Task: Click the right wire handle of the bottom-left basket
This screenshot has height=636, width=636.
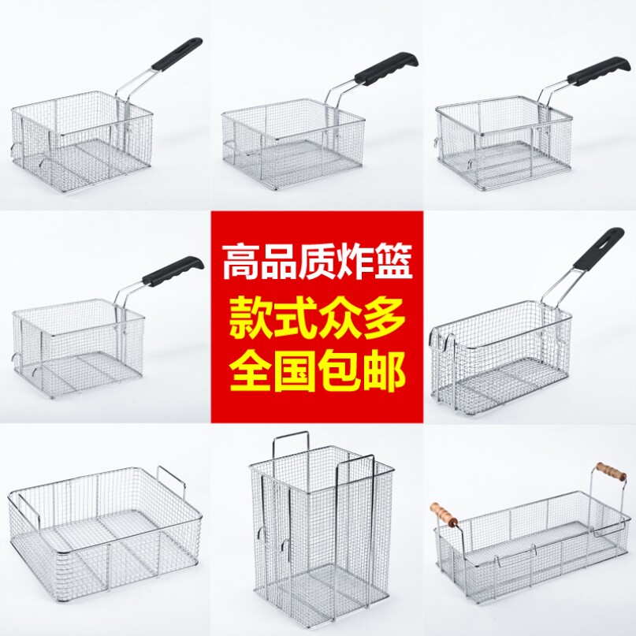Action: point(172,478)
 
